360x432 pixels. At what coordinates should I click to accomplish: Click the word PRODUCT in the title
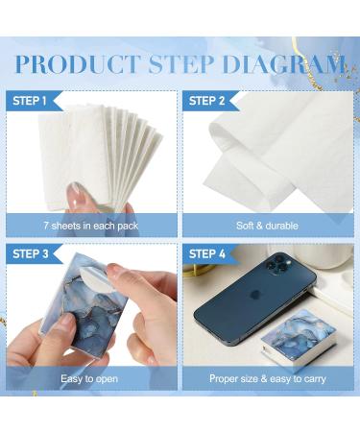click(76, 65)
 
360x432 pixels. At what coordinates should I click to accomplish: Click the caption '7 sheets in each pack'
click(92, 226)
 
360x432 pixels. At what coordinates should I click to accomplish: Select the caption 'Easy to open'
click(92, 379)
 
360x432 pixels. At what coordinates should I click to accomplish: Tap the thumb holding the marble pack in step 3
click(58, 336)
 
